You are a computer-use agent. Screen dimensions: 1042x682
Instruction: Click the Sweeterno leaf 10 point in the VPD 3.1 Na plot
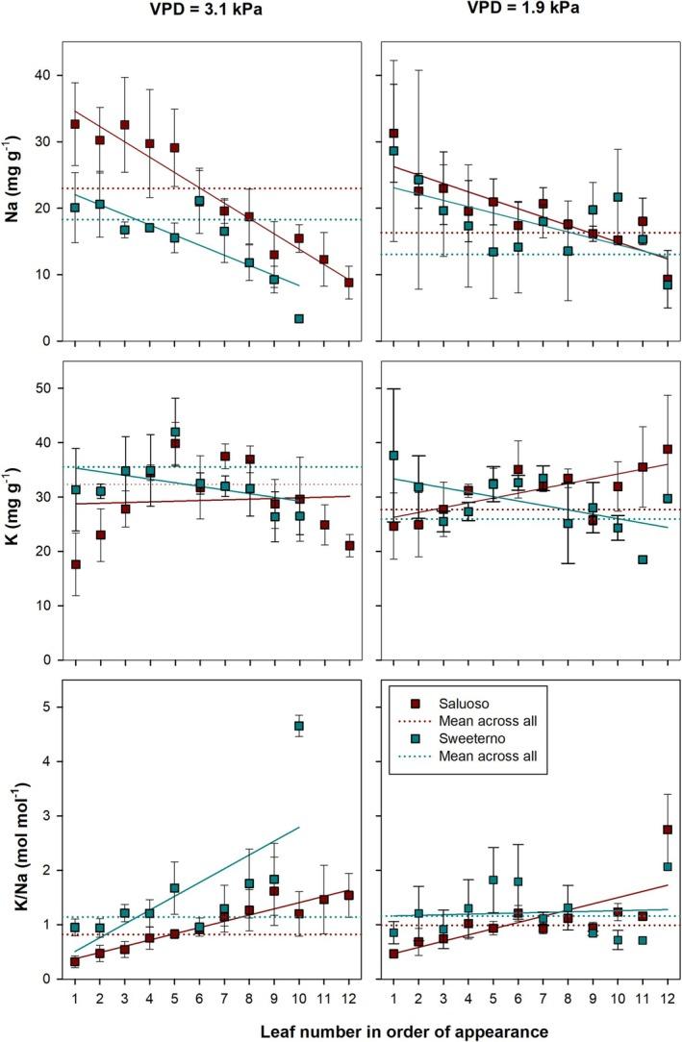299,318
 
